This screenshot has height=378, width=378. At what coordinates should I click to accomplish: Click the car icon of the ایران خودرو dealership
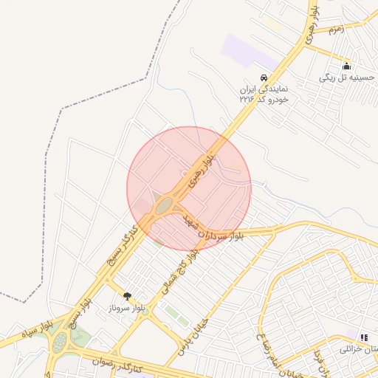tap(262, 78)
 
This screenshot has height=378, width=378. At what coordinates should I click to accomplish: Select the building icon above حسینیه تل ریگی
tap(346, 66)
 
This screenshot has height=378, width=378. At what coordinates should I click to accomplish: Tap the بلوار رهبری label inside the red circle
tap(204, 169)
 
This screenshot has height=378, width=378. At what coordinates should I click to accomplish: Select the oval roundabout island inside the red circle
tap(163, 204)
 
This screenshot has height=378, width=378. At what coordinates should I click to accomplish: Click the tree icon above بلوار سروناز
tap(127, 295)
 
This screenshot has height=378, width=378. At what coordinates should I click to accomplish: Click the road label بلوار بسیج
tap(80, 315)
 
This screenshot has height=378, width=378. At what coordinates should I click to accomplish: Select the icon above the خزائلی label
tap(363, 337)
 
